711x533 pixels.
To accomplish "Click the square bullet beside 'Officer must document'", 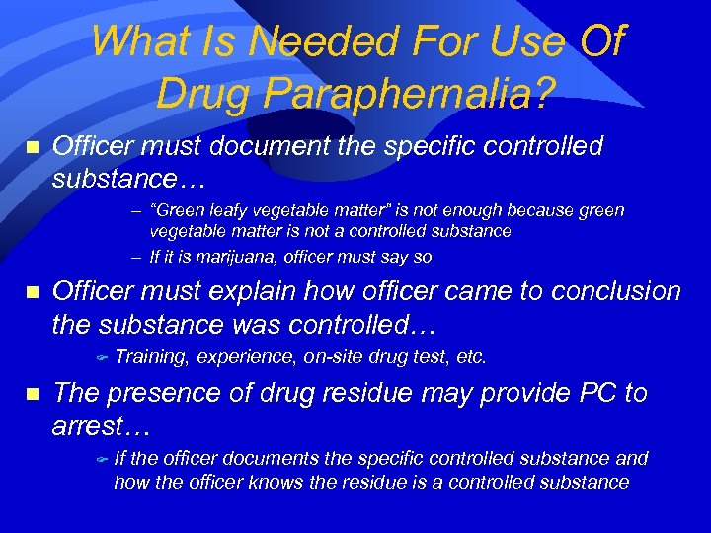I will [x=31, y=147].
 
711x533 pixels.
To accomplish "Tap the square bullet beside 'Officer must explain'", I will [x=31, y=292].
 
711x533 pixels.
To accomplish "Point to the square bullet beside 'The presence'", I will [x=31, y=394].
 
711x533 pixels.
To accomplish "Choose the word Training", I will [x=152, y=356].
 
